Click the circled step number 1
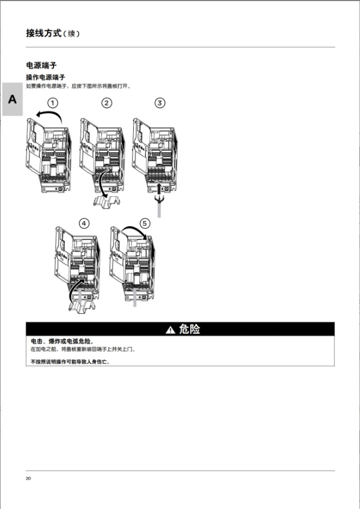pos(52,103)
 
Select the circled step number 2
pos(106,103)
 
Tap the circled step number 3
pos(159,103)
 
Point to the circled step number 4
pos(84,223)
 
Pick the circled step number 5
pos(144,223)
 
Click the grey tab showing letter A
pos(12,99)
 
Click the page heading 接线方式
pos(44,33)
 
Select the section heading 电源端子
pos(41,65)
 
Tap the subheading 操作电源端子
pos(45,77)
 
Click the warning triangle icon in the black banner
pos(170,330)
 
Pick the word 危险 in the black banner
pos(189,329)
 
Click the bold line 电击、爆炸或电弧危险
pos(62,341)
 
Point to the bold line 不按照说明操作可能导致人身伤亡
pos(70,361)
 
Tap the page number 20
pos(28,479)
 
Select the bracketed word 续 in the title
pos(71,34)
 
